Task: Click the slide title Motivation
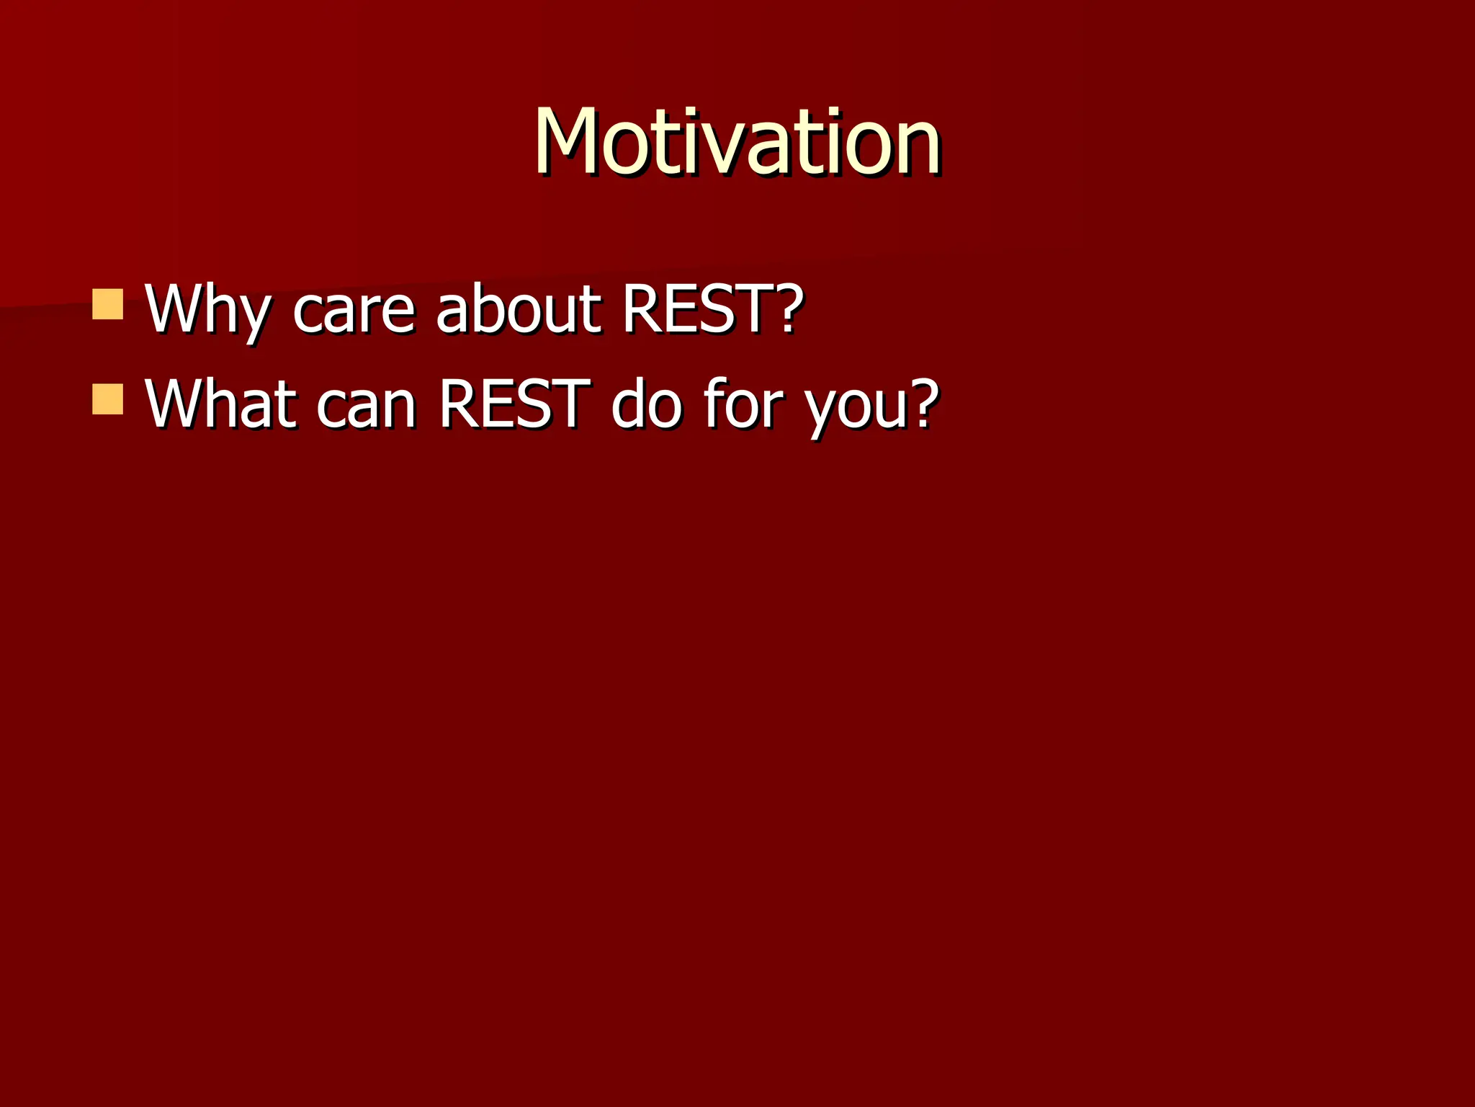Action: [x=736, y=141]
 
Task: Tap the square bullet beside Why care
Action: [x=108, y=304]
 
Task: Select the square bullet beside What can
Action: [x=108, y=399]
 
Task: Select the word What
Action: [x=220, y=404]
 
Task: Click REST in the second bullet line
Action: [x=514, y=404]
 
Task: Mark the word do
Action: [x=645, y=404]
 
